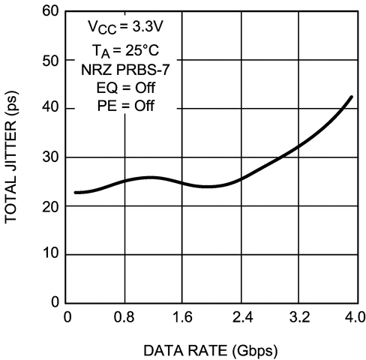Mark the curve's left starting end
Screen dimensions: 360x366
point(76,193)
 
